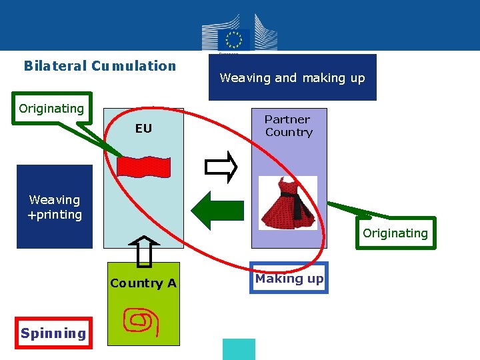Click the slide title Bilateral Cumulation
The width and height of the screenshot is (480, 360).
tap(100, 66)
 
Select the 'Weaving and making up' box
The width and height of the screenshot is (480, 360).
tap(292, 78)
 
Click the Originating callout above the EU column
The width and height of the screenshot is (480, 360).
tap(52, 109)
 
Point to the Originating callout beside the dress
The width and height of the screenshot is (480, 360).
tap(395, 233)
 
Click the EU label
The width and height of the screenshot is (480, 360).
tap(143, 129)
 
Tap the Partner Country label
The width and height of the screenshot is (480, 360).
tap(288, 125)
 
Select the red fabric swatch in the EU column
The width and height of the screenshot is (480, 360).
tap(143, 166)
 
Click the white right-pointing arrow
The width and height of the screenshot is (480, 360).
tap(221, 167)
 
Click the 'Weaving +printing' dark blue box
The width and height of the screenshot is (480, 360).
tap(55, 207)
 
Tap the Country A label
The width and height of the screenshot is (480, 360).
tap(143, 283)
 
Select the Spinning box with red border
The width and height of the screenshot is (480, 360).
tap(53, 333)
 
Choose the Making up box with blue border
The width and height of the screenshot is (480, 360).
tap(289, 279)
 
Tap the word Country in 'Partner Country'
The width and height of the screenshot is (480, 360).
tap(289, 132)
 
